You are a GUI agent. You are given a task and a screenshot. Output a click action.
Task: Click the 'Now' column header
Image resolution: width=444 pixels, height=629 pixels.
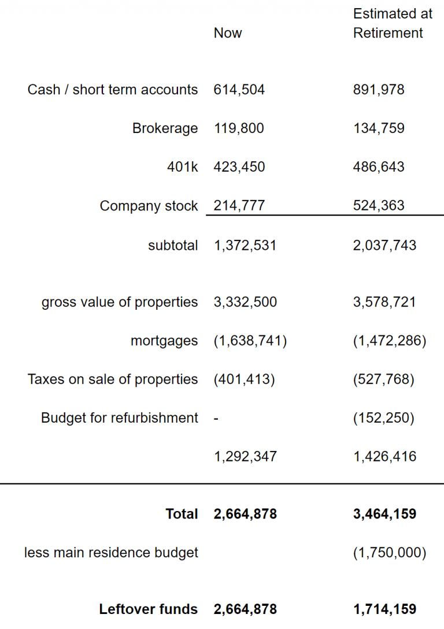pos(228,33)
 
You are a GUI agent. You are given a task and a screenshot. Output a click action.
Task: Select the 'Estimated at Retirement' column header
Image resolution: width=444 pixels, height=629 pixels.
pos(393,23)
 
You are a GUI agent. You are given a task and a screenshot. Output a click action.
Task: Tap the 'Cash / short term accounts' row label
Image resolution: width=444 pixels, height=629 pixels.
pos(113,90)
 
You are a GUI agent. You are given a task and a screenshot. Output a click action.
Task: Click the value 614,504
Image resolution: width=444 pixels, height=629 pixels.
pos(239,90)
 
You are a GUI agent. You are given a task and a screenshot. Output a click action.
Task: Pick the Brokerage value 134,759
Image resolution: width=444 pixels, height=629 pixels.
pos(379,128)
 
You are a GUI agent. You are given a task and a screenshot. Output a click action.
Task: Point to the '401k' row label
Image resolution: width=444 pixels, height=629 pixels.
pos(183,167)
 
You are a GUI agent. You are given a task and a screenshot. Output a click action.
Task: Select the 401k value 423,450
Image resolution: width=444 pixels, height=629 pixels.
pos(239,167)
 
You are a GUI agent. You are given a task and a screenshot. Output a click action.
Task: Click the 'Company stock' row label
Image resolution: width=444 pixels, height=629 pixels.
pos(149,206)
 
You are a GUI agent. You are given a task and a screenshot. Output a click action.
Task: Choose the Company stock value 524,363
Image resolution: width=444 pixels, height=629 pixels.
pos(379,205)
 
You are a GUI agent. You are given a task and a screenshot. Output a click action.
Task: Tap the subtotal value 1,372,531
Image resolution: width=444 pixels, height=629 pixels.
pos(245,245)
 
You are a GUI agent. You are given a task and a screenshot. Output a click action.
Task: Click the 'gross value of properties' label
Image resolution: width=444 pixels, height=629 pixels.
pos(120,302)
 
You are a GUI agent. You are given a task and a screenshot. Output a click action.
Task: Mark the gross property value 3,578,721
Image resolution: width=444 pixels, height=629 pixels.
pos(384,302)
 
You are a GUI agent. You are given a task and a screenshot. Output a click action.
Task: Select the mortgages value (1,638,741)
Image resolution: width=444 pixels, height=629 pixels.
pos(250,341)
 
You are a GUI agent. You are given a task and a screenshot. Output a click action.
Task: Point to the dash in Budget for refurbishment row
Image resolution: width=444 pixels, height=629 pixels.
pos(216,419)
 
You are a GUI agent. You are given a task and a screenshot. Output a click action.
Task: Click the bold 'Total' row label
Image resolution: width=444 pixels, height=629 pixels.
pos(182,514)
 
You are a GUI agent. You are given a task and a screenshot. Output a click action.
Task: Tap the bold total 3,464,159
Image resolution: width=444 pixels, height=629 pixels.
pos(384,514)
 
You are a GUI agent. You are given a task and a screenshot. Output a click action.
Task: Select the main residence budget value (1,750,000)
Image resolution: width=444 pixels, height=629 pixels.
pos(390,552)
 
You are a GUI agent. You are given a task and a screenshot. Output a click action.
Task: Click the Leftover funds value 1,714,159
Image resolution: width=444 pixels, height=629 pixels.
pos(384,609)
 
